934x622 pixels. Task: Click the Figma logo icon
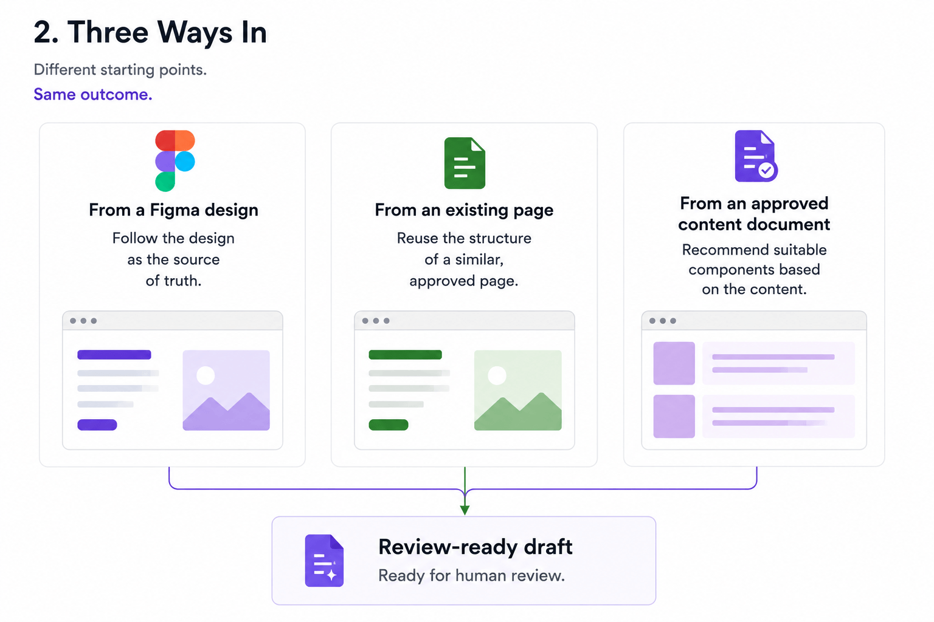pos(175,161)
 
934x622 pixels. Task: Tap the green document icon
pos(465,163)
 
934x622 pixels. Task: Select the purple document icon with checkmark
pos(756,156)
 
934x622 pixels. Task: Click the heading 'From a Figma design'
pos(173,210)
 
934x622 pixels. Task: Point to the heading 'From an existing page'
pos(464,210)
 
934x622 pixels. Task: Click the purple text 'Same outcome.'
pos(93,95)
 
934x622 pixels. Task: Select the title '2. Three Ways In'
pos(150,32)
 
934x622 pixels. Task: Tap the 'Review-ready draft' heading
pos(476,547)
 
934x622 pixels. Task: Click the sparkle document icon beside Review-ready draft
pos(324,560)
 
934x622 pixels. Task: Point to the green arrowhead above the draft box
pos(465,510)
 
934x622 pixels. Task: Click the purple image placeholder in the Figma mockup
pos(226,390)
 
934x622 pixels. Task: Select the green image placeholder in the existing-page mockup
pos(518,390)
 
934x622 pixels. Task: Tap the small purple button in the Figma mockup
pos(97,425)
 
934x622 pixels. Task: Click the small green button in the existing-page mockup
pos(388,425)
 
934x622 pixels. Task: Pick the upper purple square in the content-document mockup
pos(674,363)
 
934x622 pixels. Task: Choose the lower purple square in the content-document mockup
pos(674,416)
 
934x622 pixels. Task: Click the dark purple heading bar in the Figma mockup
pos(114,355)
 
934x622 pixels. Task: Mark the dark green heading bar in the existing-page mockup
pos(406,355)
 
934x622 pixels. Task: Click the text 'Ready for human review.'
pos(472,575)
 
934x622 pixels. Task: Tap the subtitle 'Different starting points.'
pos(120,70)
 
